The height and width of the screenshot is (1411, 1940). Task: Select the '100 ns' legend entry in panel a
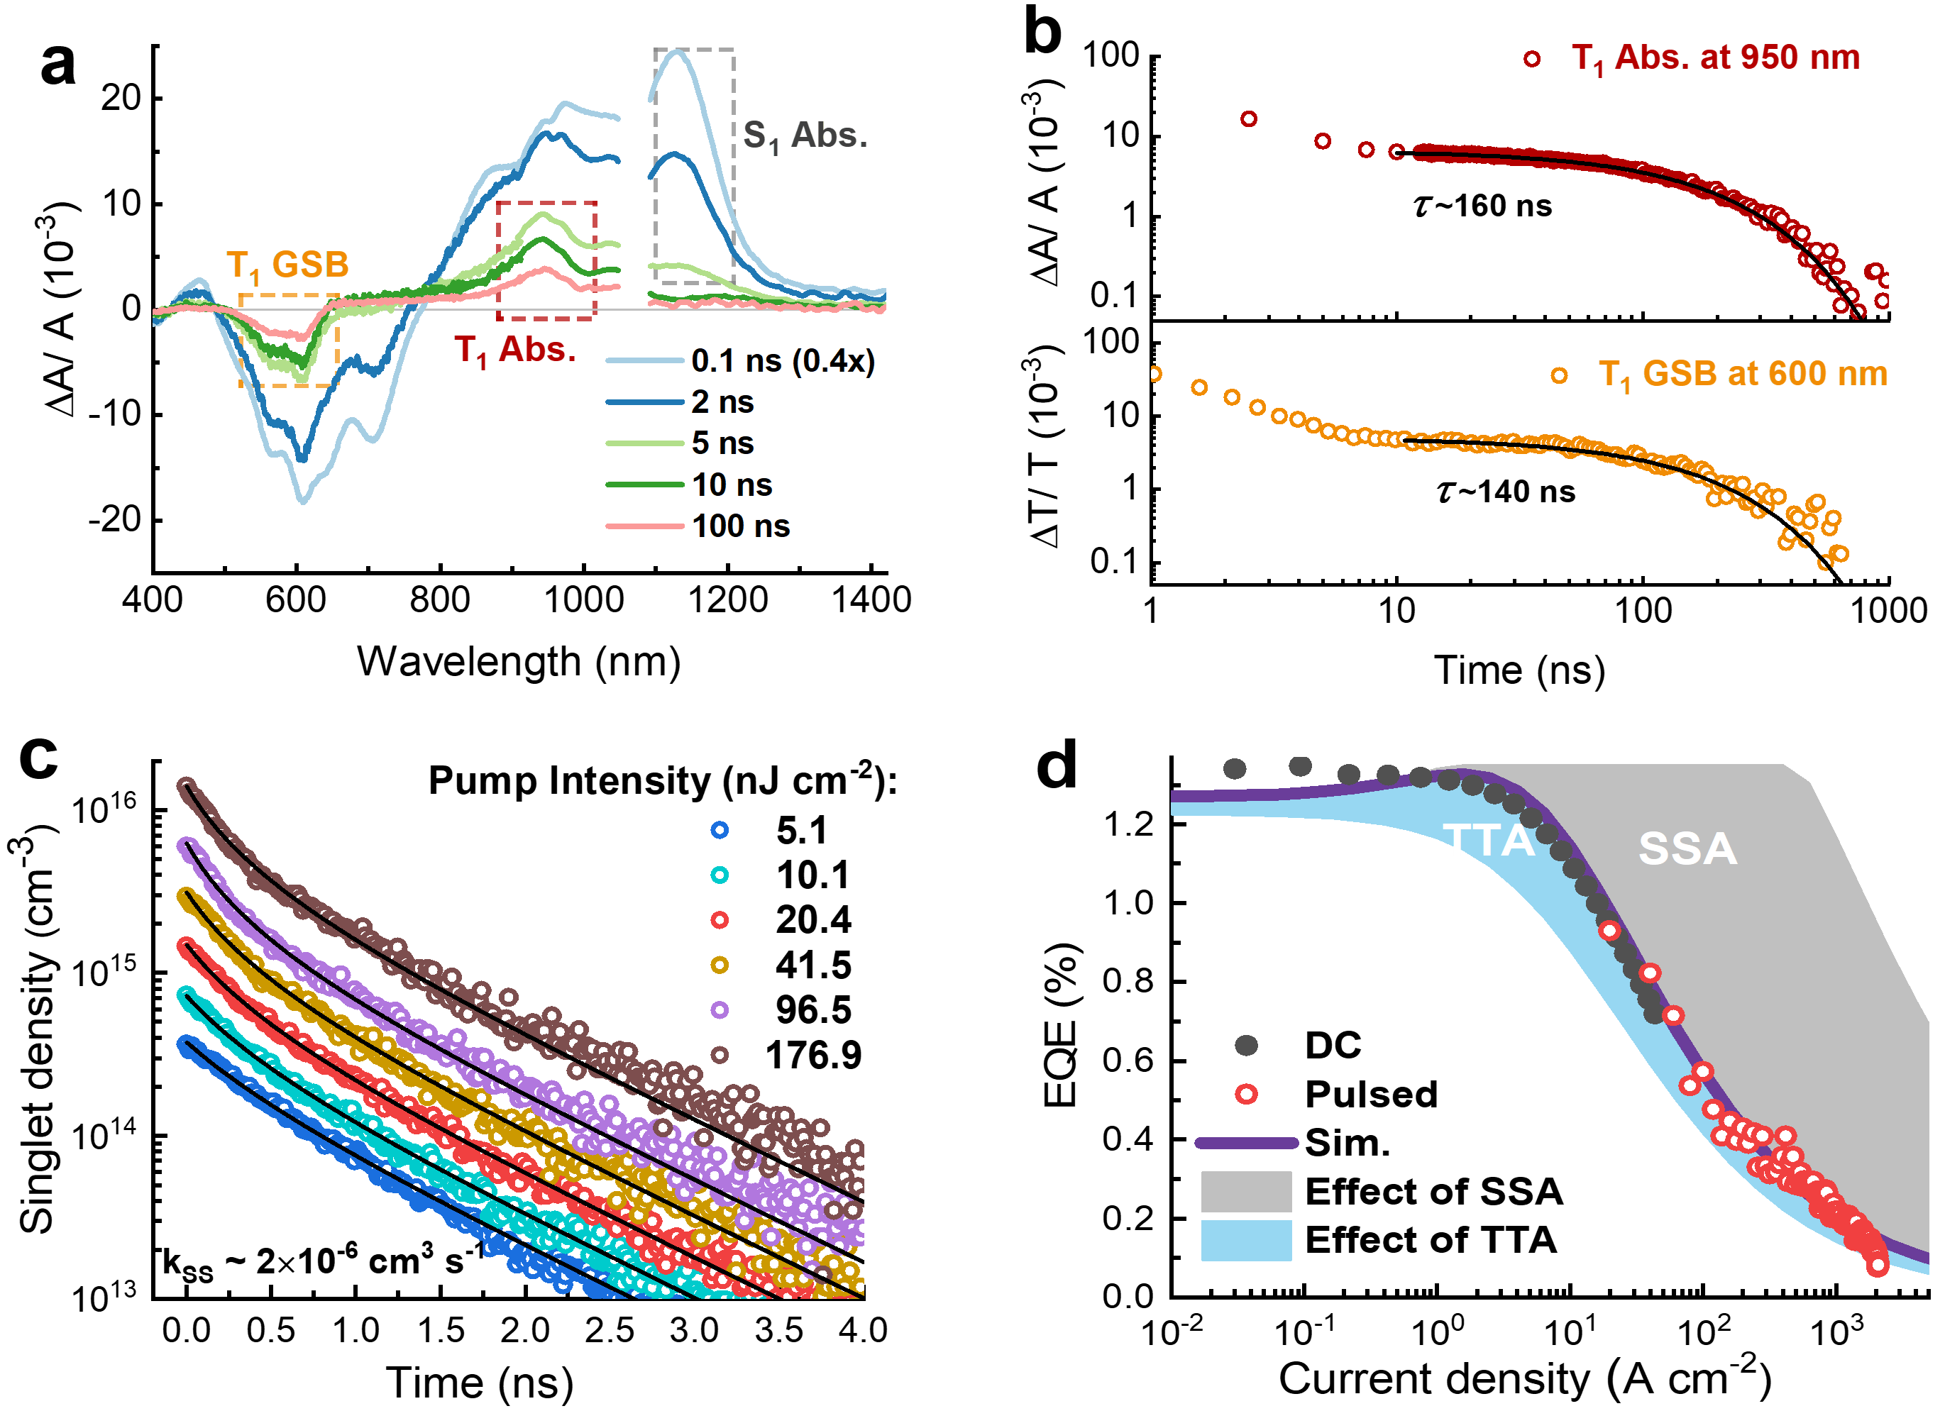(740, 526)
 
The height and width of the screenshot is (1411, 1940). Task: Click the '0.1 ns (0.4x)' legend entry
(783, 361)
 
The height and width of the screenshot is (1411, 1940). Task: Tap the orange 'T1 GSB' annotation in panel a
(287, 266)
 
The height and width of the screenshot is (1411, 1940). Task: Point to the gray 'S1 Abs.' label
(805, 136)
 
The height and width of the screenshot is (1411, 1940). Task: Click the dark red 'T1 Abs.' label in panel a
(515, 350)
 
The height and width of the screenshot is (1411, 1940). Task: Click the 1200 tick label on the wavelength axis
(727, 600)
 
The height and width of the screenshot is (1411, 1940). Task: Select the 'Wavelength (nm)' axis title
(519, 662)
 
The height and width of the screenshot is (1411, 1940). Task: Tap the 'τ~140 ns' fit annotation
(1506, 492)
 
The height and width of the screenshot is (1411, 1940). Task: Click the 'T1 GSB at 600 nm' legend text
(1743, 375)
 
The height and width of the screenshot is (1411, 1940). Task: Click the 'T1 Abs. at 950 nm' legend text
(1715, 58)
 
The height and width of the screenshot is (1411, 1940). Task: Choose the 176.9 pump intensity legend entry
(812, 1056)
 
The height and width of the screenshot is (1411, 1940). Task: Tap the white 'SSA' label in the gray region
(1687, 849)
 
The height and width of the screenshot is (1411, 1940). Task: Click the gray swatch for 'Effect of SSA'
(1245, 1191)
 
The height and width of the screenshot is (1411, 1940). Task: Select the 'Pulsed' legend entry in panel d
(1370, 1095)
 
